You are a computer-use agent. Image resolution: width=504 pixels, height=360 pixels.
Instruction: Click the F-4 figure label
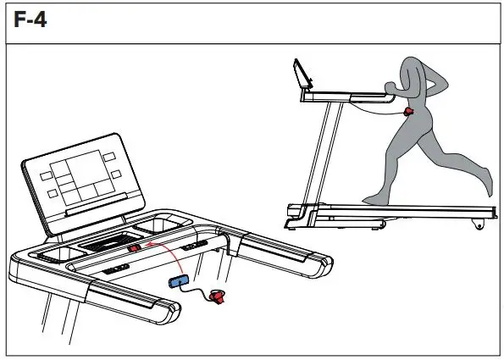pos(29,19)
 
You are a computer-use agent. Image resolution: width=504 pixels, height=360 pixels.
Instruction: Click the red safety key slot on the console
pos(136,249)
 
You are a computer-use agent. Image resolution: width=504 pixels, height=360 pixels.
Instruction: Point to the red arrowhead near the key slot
pos(147,246)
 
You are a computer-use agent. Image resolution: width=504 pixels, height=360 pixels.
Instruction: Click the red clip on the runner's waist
pos(408,111)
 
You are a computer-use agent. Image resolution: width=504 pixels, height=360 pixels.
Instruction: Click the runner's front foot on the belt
pos(372,202)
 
